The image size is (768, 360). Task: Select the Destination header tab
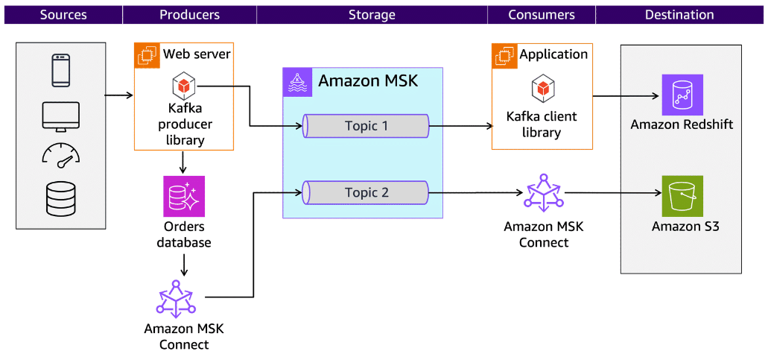pos(679,15)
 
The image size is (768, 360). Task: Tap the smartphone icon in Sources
pos(61,71)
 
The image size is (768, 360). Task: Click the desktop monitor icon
pos(61,116)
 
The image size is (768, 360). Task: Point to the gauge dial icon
pos(61,154)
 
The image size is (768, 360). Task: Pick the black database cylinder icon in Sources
pos(61,198)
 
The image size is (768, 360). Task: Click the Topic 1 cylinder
pos(366,126)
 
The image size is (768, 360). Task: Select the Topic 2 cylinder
pos(366,192)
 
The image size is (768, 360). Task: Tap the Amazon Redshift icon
pos(682,95)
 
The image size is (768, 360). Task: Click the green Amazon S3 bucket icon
pos(682,196)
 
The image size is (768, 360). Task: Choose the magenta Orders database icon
pos(184,196)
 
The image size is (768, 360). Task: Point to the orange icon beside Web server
pos(147,55)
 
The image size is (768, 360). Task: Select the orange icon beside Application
pos(504,55)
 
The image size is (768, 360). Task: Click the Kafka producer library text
pos(184,124)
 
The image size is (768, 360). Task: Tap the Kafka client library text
pos(542,124)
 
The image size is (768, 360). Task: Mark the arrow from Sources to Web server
pos(118,95)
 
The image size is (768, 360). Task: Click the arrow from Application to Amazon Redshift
pos(626,95)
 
